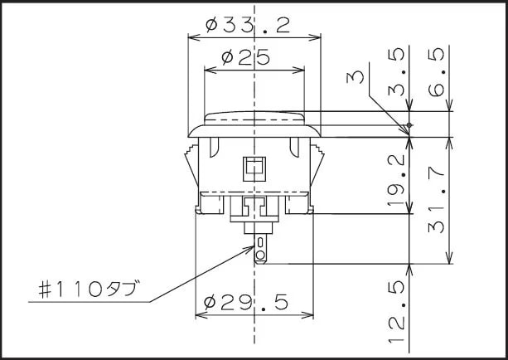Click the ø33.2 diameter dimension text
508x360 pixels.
pos(248,25)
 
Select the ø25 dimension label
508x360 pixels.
pos(245,57)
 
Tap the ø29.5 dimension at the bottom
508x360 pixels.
pos(246,303)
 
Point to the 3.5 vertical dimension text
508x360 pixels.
pos(397,71)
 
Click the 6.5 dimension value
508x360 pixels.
pos(436,72)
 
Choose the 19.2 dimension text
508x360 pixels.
pos(397,180)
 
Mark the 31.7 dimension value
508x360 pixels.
pos(436,201)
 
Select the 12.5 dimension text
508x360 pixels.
pos(397,311)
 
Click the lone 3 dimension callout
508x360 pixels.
pos(356,78)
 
